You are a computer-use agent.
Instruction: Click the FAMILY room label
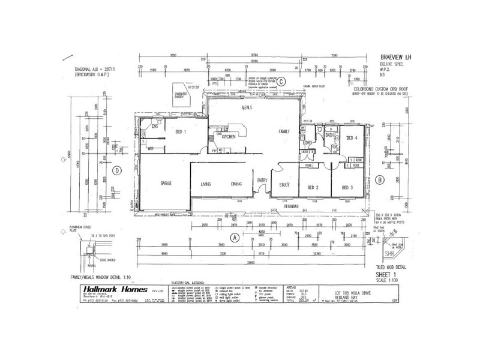(x=284, y=131)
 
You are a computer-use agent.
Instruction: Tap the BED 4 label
(x=352, y=137)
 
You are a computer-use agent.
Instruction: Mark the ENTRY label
(x=262, y=181)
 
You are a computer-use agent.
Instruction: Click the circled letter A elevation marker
(x=235, y=238)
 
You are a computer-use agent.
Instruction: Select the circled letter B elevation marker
(x=379, y=179)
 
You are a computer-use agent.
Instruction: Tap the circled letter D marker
(x=118, y=170)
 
